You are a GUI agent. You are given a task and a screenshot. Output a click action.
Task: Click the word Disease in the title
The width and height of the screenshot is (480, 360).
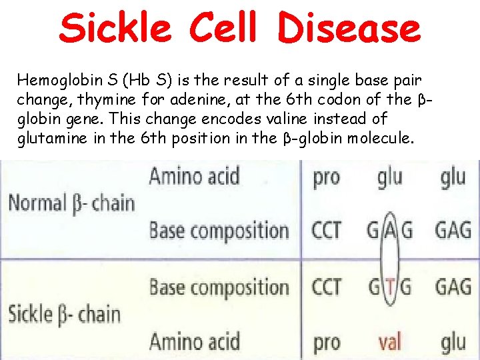349,28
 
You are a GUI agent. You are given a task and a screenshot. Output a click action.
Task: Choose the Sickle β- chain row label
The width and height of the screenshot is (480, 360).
65,314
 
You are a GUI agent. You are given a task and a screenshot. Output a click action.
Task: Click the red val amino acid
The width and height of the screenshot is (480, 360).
389,342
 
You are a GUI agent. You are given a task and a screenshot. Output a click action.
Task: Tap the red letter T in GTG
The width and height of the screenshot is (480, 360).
390,288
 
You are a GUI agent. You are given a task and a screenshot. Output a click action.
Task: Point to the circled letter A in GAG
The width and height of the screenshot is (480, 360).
390,231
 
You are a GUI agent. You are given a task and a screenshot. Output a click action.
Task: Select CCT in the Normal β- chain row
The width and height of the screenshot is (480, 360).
327,231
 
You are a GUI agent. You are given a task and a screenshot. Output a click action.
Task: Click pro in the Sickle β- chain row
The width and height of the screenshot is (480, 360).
326,343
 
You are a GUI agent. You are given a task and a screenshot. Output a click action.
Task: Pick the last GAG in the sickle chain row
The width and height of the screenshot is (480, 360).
453,288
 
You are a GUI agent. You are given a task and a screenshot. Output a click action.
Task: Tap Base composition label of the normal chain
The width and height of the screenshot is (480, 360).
219,231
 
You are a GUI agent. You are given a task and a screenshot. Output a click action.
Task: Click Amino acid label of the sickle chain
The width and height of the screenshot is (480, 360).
194,342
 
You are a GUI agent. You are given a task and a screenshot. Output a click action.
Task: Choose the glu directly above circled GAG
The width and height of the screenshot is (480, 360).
389,178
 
